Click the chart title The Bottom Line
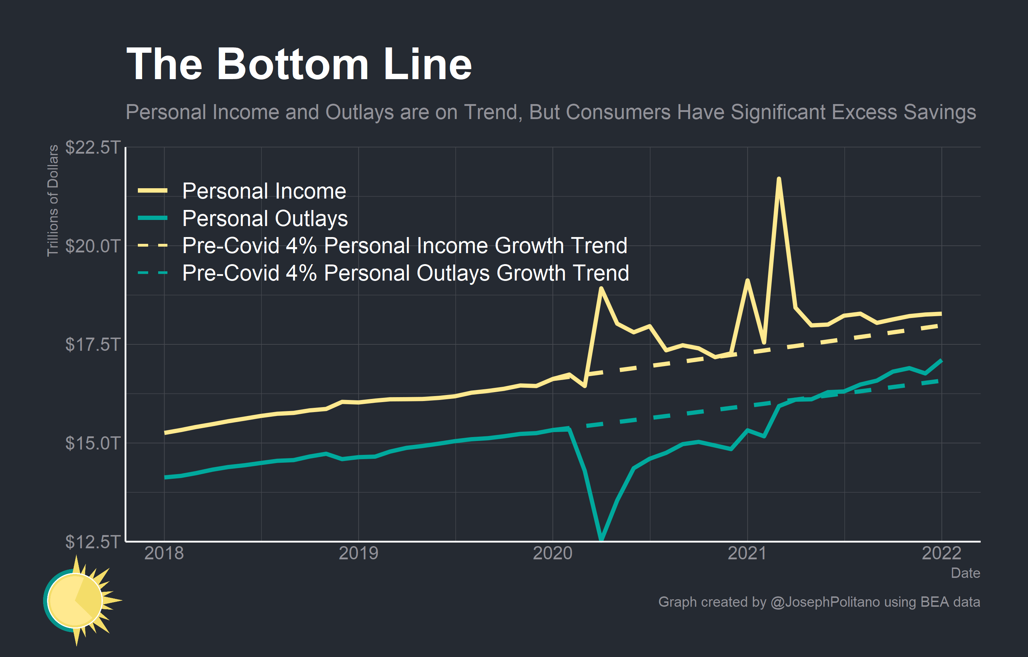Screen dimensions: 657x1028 coord(299,64)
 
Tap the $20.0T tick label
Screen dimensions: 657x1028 coord(93,246)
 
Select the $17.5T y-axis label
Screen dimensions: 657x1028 coord(93,345)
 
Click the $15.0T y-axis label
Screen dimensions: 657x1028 coord(93,443)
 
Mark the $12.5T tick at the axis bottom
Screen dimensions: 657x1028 coord(93,541)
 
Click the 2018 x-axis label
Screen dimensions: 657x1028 coord(164,554)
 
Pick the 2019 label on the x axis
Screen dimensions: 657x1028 coord(358,554)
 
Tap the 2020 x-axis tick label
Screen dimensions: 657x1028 coord(552,554)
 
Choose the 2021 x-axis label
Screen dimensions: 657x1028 coord(747,554)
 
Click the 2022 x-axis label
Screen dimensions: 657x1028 coord(941,554)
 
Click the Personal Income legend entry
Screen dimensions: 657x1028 coord(264,191)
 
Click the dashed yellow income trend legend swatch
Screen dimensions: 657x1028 coord(152,246)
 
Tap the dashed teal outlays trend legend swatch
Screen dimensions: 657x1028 coord(152,273)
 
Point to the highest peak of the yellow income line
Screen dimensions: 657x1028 coord(779,179)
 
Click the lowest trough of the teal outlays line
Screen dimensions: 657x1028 coord(601,539)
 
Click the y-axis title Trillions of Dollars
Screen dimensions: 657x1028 coord(52,201)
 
